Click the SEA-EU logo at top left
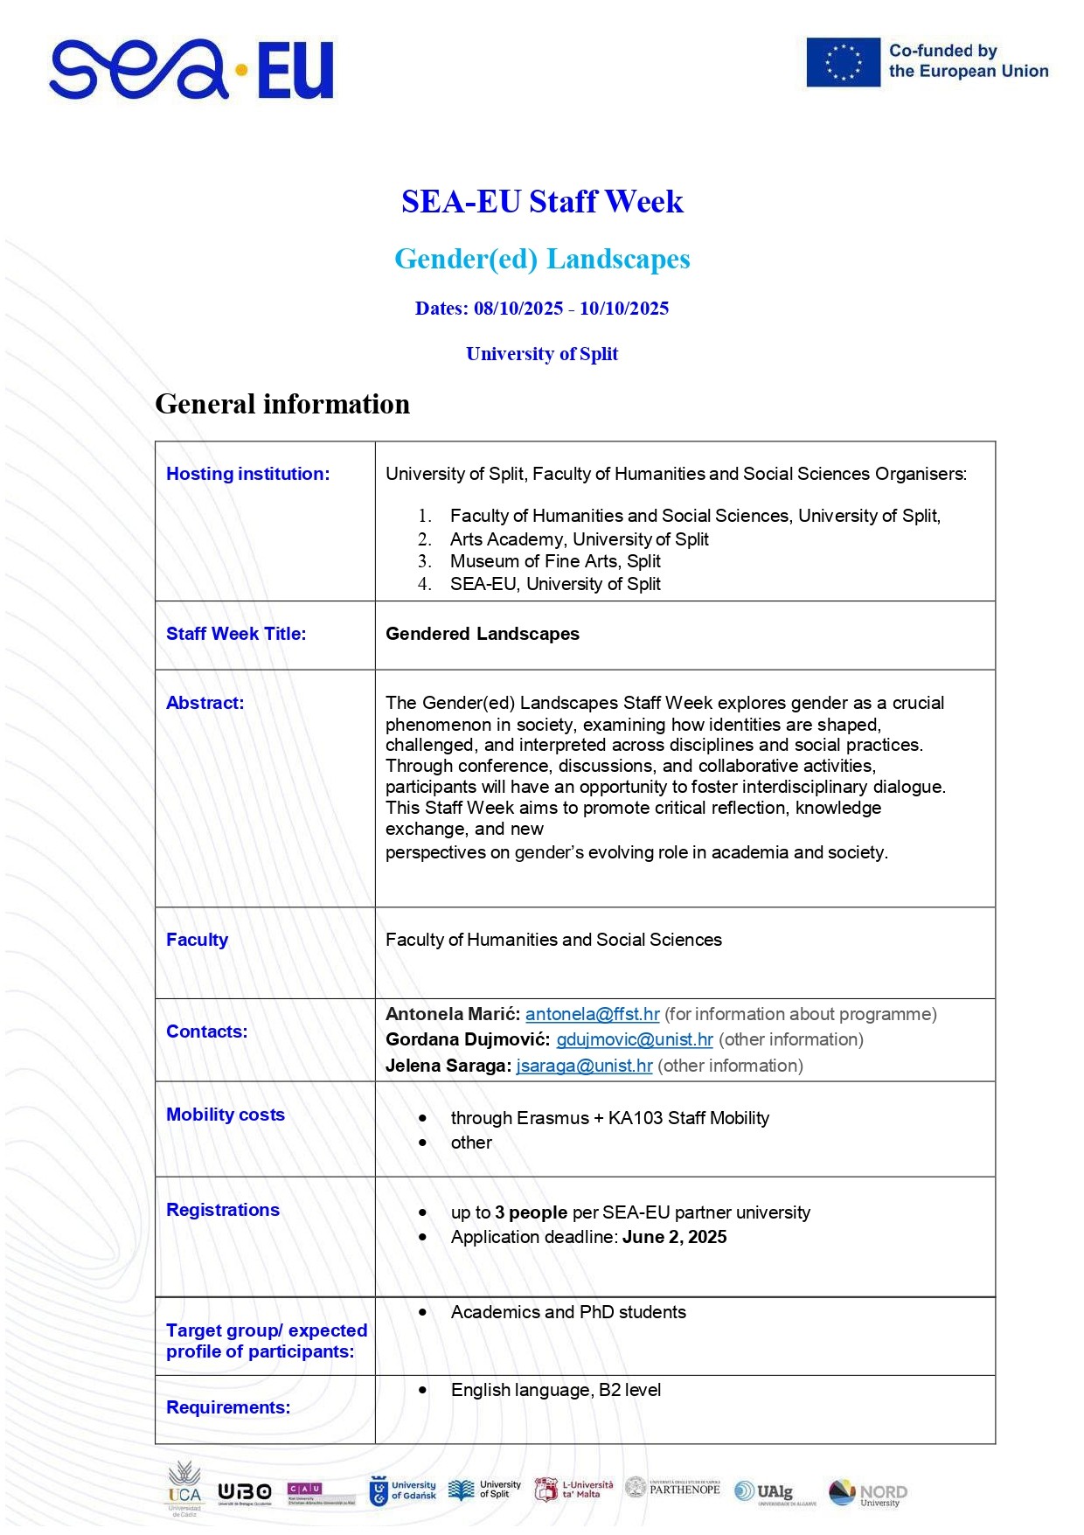coord(191,69)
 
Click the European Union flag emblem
coord(843,62)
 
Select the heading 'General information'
coord(282,404)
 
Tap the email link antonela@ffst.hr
coord(592,1014)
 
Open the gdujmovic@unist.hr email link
coord(635,1039)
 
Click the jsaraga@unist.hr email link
coord(584,1066)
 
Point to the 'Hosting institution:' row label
coord(248,474)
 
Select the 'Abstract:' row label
coord(205,703)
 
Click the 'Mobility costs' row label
coord(226,1115)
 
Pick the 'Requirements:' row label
coord(228,1407)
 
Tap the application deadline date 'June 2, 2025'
coord(674,1237)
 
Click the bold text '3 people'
coord(531,1212)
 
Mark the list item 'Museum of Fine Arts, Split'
coord(555,561)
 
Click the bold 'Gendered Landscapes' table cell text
coord(483,634)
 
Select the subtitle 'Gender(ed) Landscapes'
coord(542,259)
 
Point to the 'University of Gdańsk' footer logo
coord(403,1490)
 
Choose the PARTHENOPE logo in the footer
coord(673,1488)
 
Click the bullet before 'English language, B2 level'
coord(423,1390)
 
